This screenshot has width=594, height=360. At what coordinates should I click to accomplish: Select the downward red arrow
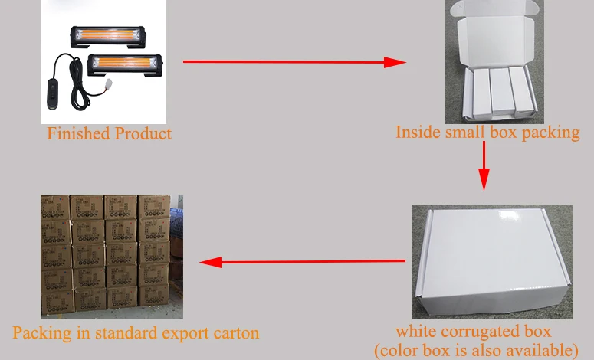[x=484, y=165]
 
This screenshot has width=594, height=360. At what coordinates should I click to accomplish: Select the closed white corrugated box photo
[x=491, y=260]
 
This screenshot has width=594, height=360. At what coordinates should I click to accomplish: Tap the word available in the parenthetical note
[x=540, y=350]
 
